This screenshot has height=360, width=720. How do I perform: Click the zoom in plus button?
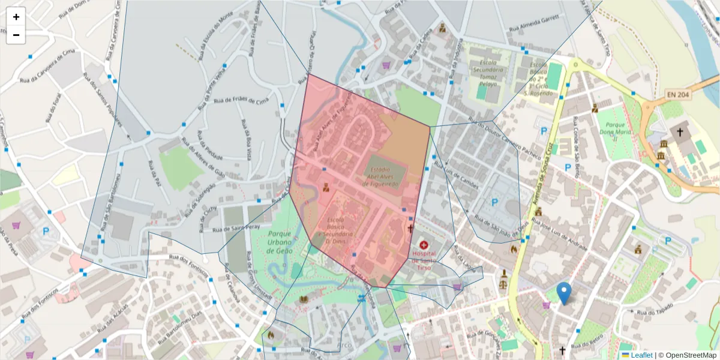point(16,17)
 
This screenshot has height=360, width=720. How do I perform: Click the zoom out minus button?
point(16,35)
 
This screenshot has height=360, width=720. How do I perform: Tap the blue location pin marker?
point(563,293)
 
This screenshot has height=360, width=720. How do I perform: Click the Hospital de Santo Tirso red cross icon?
point(425,245)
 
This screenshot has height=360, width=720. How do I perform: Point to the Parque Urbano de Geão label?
point(280,242)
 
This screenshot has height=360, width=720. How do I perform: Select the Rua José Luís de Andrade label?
point(559,234)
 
